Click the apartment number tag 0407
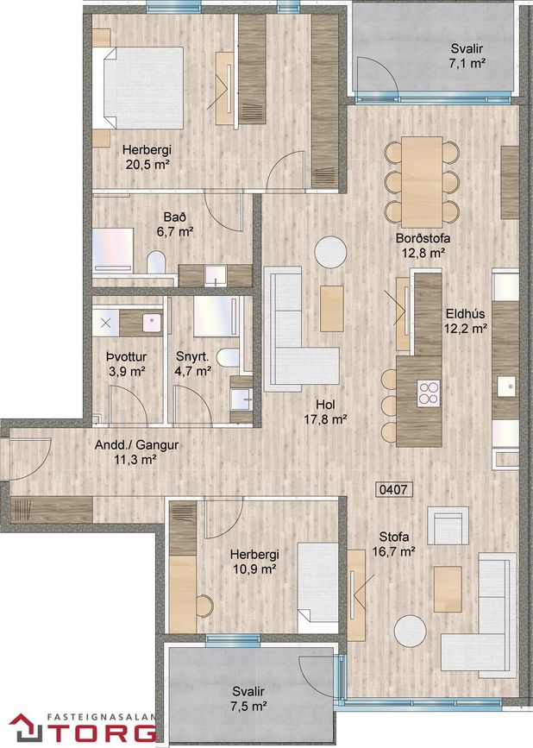(x=394, y=489)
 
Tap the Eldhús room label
(x=466, y=314)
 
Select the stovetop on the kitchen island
(x=429, y=393)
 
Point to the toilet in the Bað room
(x=156, y=262)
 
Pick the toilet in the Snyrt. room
(x=229, y=358)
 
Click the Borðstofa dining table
(x=422, y=181)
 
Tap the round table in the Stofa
(x=410, y=631)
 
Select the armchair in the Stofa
(x=448, y=525)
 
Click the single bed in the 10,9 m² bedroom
(x=318, y=582)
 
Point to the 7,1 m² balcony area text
(x=467, y=63)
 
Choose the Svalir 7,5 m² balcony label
(x=248, y=699)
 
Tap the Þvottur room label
(x=126, y=357)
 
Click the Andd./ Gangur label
(x=137, y=445)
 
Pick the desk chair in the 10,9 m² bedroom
(x=205, y=606)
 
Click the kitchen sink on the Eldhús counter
(x=507, y=387)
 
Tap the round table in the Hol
(x=330, y=252)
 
